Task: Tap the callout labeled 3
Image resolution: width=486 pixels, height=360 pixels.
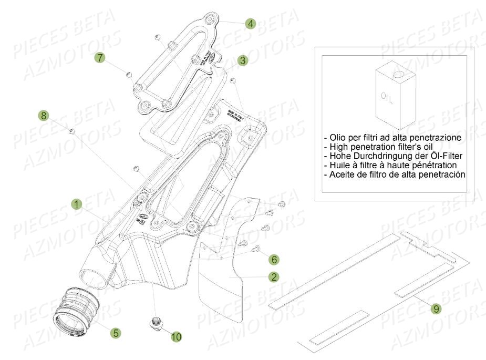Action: tap(242, 60)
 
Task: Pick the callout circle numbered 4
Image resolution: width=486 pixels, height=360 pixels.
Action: tap(251, 23)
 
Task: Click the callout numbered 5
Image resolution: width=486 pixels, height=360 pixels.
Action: tap(116, 332)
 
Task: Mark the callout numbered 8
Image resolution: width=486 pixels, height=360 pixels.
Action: tap(44, 115)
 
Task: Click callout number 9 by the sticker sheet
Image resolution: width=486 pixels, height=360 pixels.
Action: tap(435, 309)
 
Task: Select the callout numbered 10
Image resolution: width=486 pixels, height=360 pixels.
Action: tap(176, 337)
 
